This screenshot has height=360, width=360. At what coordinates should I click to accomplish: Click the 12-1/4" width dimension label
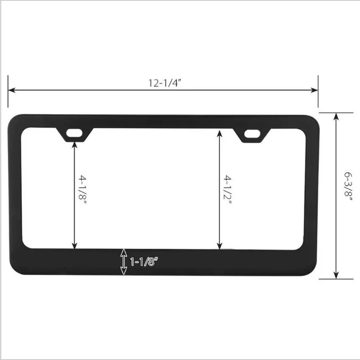tap(164, 82)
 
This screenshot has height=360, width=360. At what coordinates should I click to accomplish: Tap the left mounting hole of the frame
tap(75, 133)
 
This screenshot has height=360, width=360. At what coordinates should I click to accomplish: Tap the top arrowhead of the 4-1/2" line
tap(219, 133)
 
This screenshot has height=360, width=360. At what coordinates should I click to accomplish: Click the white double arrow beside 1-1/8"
tap(123, 262)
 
